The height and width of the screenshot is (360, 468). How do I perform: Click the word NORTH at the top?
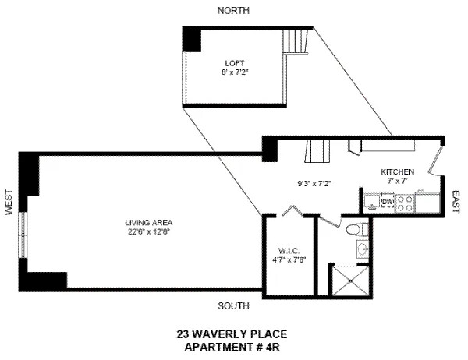coord(234,10)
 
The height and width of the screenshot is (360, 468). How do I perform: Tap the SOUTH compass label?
coord(234,305)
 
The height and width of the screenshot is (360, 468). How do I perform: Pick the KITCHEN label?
coord(397,171)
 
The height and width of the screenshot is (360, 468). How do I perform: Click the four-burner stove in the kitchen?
coord(406,203)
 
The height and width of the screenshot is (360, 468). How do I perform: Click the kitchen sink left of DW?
coord(370,203)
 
